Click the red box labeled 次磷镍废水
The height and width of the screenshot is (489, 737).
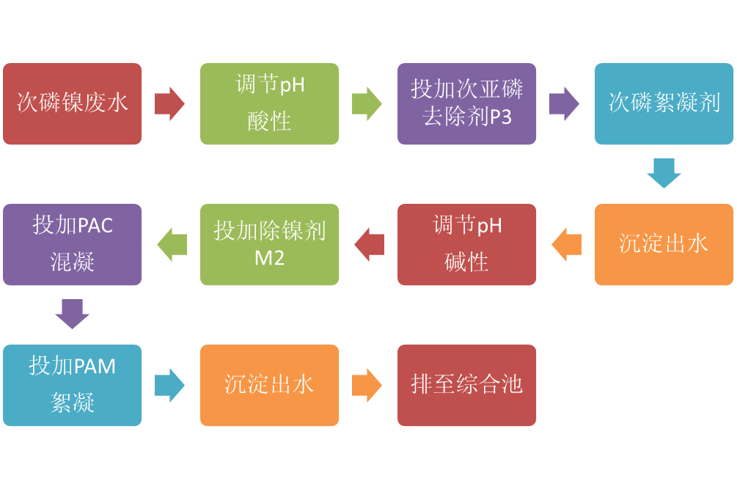73,103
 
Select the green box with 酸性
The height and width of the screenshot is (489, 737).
269,103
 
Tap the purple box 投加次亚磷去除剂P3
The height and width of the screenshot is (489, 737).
466,103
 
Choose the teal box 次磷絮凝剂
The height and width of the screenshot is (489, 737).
664,103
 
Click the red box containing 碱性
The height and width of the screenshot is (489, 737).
466,244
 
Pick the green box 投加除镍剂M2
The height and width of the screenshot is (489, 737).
269,244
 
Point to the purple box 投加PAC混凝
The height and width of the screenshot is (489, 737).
73,244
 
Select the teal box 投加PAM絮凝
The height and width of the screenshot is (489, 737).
73,385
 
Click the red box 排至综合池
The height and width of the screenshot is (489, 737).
466,385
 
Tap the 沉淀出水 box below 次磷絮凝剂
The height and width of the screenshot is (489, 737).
664,244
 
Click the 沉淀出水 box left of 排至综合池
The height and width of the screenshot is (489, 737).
269,385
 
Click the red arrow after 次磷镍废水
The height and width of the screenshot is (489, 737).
170,103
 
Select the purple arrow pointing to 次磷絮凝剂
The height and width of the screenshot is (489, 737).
564,103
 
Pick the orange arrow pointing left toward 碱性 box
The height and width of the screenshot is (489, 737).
565,244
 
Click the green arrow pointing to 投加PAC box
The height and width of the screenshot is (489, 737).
172,244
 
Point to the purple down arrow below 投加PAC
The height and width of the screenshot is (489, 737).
73,314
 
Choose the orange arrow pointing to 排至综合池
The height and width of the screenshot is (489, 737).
367,385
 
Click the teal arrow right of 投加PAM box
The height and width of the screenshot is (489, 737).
170,385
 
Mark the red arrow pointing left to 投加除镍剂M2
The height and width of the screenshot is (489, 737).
369,244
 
